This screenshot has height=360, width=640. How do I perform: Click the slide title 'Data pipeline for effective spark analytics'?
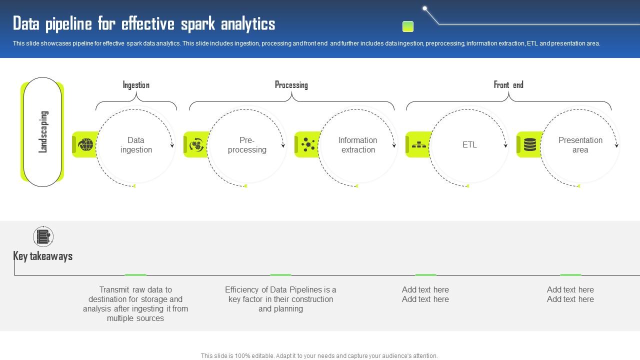144,24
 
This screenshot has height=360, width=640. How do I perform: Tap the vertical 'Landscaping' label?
43,131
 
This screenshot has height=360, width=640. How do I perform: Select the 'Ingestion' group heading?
136,85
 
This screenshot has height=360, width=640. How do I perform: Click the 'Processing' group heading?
291,85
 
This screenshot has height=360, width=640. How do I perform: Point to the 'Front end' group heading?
508,85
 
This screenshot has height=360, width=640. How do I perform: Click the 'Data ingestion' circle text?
136,145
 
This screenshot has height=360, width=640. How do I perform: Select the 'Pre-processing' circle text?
247,145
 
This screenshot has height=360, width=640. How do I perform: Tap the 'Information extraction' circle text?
358,145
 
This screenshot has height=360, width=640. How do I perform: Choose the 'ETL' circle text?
469,145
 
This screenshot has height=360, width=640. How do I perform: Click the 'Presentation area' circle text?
580,145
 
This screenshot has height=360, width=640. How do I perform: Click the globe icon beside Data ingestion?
86,145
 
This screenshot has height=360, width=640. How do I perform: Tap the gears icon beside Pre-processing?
197,145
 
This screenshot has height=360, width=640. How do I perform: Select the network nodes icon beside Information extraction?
308,145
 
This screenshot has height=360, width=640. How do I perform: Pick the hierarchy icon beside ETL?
419,145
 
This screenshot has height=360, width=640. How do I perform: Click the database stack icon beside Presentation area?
530,145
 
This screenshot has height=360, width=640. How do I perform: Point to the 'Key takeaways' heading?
43,256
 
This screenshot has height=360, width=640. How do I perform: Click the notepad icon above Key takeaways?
43,236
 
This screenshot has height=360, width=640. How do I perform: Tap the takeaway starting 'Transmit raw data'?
135,304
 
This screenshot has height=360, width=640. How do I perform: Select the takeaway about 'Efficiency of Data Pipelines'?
280,299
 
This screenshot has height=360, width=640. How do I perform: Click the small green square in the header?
408,26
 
